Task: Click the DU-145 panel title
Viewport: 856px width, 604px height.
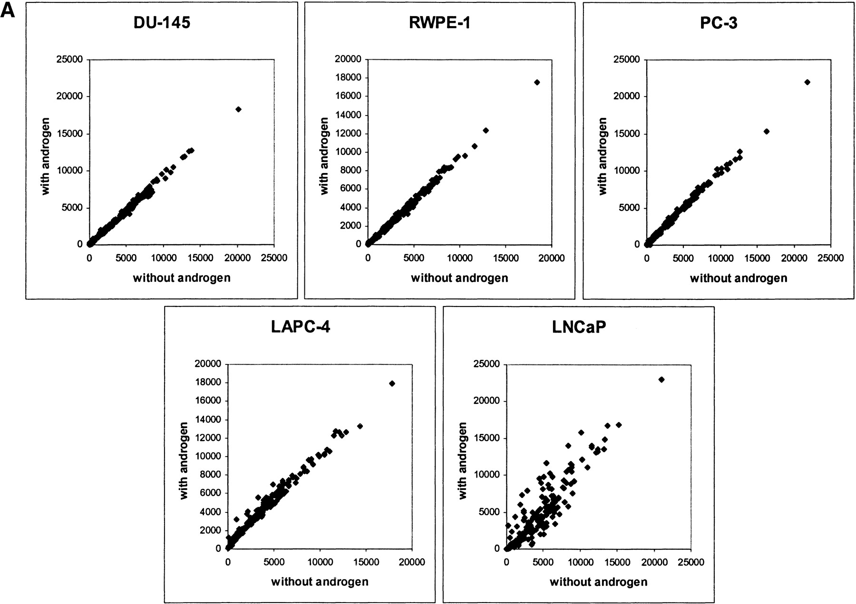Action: [162, 22]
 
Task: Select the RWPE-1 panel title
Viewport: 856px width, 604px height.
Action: [439, 22]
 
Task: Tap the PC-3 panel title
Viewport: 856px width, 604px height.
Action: [719, 22]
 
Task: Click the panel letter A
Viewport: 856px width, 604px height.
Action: [9, 10]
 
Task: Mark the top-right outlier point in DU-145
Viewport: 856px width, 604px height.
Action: [238, 109]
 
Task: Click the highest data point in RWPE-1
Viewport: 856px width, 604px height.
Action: [537, 82]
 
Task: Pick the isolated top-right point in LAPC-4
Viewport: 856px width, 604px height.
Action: [392, 383]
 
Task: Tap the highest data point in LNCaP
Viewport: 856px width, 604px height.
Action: [661, 380]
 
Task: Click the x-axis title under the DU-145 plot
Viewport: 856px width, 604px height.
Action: [182, 278]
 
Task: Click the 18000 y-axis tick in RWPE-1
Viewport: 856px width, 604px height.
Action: [350, 78]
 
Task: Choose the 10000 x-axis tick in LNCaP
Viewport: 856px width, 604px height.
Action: [580, 563]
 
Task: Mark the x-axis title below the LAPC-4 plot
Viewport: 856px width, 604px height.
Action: [320, 582]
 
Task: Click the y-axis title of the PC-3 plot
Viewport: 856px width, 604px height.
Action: [603, 157]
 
